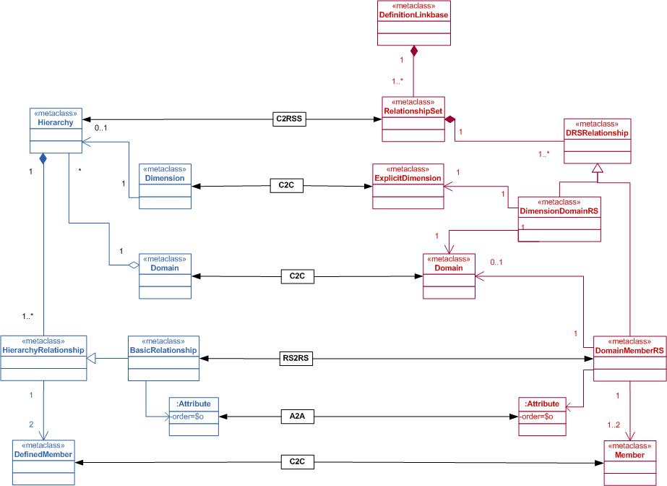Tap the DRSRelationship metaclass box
pyautogui.click(x=597, y=142)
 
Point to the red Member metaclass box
pyautogui.click(x=629, y=463)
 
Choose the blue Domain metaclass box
pyautogui.click(x=164, y=276)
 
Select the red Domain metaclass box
pyautogui.click(x=449, y=276)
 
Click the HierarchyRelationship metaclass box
pyautogui.click(x=43, y=357)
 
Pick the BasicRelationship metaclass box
pyautogui.click(x=163, y=357)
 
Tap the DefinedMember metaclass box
pyautogui.click(x=43, y=462)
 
